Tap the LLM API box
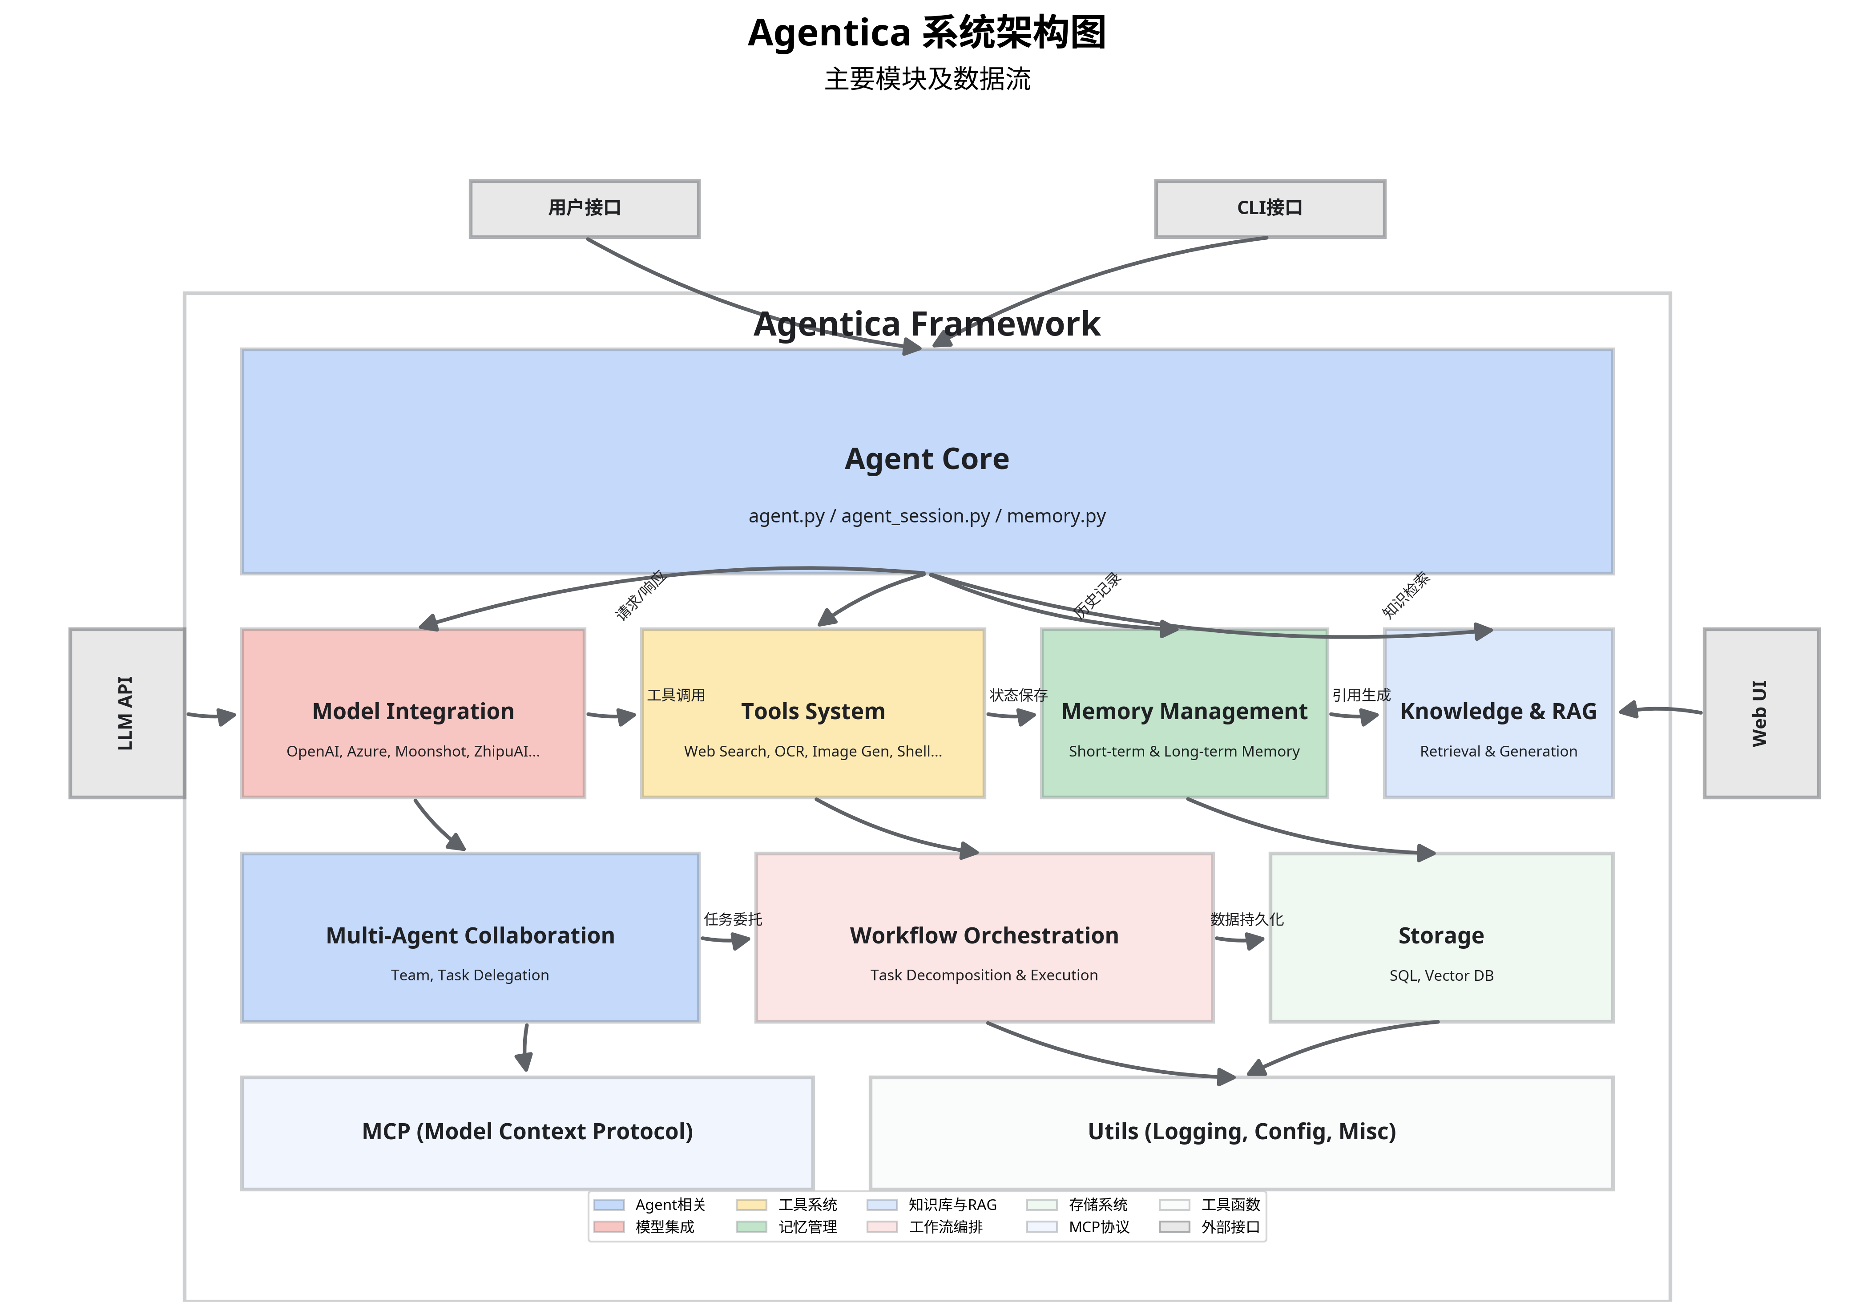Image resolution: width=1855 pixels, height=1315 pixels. coord(127,712)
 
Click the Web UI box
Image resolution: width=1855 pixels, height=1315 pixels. coord(1761,712)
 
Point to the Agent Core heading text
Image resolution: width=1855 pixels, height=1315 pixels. coord(927,459)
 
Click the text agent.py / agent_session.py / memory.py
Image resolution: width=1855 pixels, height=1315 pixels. coord(927,516)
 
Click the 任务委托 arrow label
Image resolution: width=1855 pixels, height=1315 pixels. coord(733,919)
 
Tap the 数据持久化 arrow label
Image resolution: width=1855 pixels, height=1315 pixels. coord(1246,919)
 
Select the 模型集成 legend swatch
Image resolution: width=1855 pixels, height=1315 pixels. coord(609,1227)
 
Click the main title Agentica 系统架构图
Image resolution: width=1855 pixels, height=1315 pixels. coord(927,34)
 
